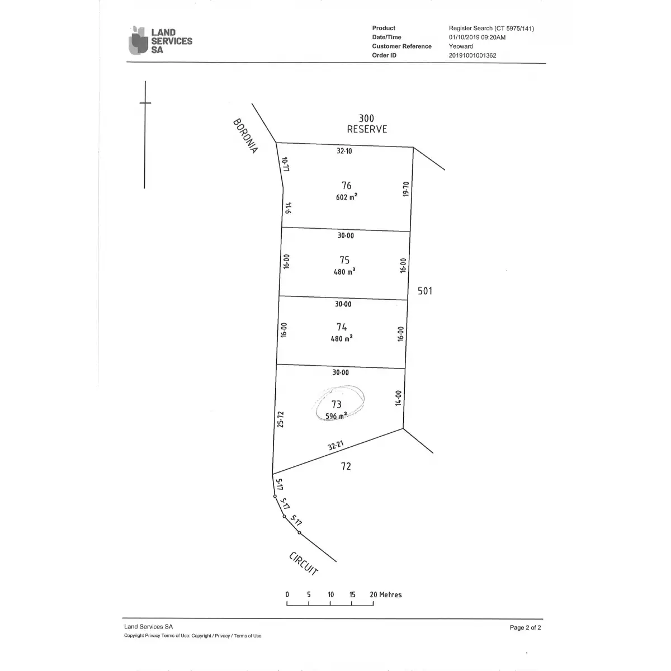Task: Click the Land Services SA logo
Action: pyautogui.click(x=160, y=41)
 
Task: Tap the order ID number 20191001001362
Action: pyautogui.click(x=472, y=55)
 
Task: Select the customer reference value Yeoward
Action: pyautogui.click(x=461, y=46)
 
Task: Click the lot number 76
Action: pyautogui.click(x=347, y=186)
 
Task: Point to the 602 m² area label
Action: pyautogui.click(x=347, y=197)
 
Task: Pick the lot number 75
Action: pyautogui.click(x=344, y=260)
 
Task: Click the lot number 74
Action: pyautogui.click(x=342, y=327)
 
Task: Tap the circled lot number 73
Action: pyautogui.click(x=337, y=404)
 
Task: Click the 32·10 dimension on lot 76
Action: pyautogui.click(x=344, y=151)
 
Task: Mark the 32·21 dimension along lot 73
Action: pyautogui.click(x=335, y=446)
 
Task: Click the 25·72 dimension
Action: pyautogui.click(x=281, y=419)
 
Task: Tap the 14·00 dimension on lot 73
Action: pyautogui.click(x=399, y=398)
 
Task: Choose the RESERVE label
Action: pyautogui.click(x=367, y=129)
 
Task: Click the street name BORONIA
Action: pyautogui.click(x=245, y=136)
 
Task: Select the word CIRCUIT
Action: pyautogui.click(x=304, y=564)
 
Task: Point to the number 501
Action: pyautogui.click(x=425, y=291)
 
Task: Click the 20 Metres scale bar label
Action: pyautogui.click(x=386, y=595)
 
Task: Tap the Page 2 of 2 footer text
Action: pyautogui.click(x=525, y=627)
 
